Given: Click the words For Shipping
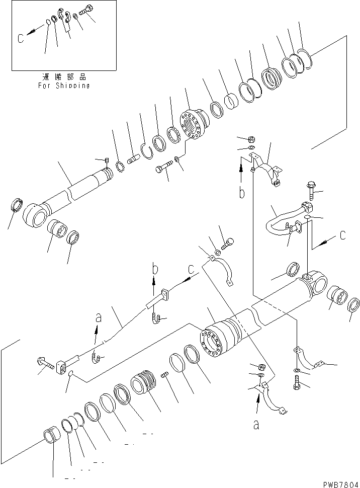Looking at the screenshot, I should tap(64, 86).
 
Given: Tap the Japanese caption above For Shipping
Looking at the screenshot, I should tap(64, 77).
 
